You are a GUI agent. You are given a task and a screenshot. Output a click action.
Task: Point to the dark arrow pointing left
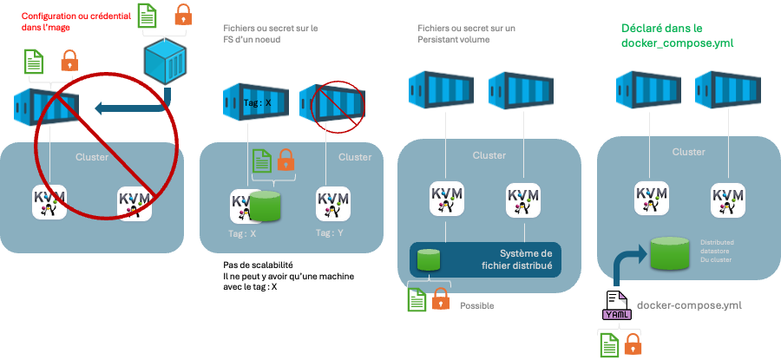pyautogui.click(x=131, y=108)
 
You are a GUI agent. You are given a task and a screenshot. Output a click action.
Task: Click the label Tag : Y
pyautogui.click(x=330, y=232)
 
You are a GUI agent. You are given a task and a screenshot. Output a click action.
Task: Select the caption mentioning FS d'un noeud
pyautogui.click(x=270, y=34)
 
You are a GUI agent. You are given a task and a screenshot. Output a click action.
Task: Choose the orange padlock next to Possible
pyautogui.click(x=441, y=299)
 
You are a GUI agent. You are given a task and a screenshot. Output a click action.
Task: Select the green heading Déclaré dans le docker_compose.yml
pyautogui.click(x=664, y=35)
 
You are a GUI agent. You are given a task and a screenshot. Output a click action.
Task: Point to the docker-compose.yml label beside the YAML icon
pyautogui.click(x=689, y=305)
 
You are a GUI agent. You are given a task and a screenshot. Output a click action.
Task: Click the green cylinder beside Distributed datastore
pyautogui.click(x=669, y=251)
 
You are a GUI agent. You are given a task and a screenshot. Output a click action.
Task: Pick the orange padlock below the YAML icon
pyautogui.click(x=634, y=346)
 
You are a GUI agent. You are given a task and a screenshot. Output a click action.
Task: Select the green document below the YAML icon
pyautogui.click(x=610, y=346)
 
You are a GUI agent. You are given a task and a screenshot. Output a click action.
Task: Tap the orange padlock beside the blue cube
pyautogui.click(x=183, y=14)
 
